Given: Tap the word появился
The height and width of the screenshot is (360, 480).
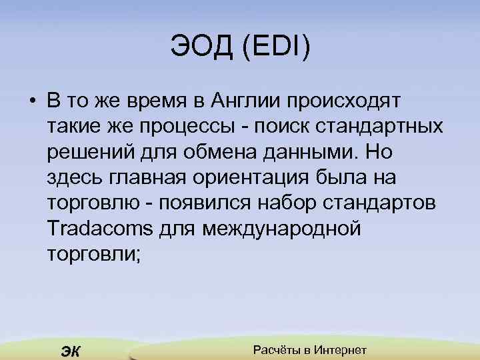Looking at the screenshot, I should (218, 203).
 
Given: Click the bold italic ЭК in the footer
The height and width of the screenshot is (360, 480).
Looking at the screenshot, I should (70, 351).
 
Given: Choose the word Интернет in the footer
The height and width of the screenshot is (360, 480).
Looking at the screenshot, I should (341, 350).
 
